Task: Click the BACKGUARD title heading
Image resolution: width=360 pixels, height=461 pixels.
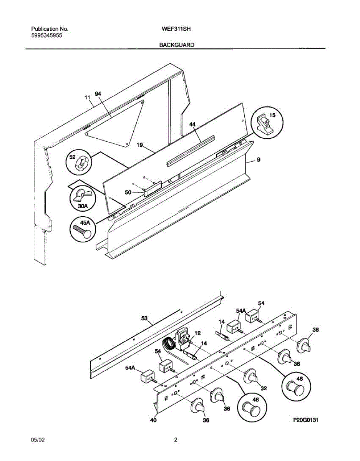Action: point(177,45)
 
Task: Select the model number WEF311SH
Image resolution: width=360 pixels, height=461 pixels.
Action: point(177,29)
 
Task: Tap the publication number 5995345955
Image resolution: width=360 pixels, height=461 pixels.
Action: point(47,35)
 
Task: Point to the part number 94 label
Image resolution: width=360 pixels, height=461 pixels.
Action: point(98,94)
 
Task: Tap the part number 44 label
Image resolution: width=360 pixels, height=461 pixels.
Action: point(192,124)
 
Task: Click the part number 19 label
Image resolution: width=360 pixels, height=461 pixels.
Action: point(140,145)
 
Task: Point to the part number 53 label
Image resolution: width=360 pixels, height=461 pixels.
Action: point(144,318)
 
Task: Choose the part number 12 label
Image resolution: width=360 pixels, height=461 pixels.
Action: point(197,333)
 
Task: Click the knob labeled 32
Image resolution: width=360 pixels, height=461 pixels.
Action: point(252,377)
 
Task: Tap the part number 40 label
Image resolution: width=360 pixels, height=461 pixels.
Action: point(153,420)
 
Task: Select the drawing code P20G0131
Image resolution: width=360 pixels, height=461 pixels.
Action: point(306,420)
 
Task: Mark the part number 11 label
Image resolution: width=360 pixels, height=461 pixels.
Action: point(87,98)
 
